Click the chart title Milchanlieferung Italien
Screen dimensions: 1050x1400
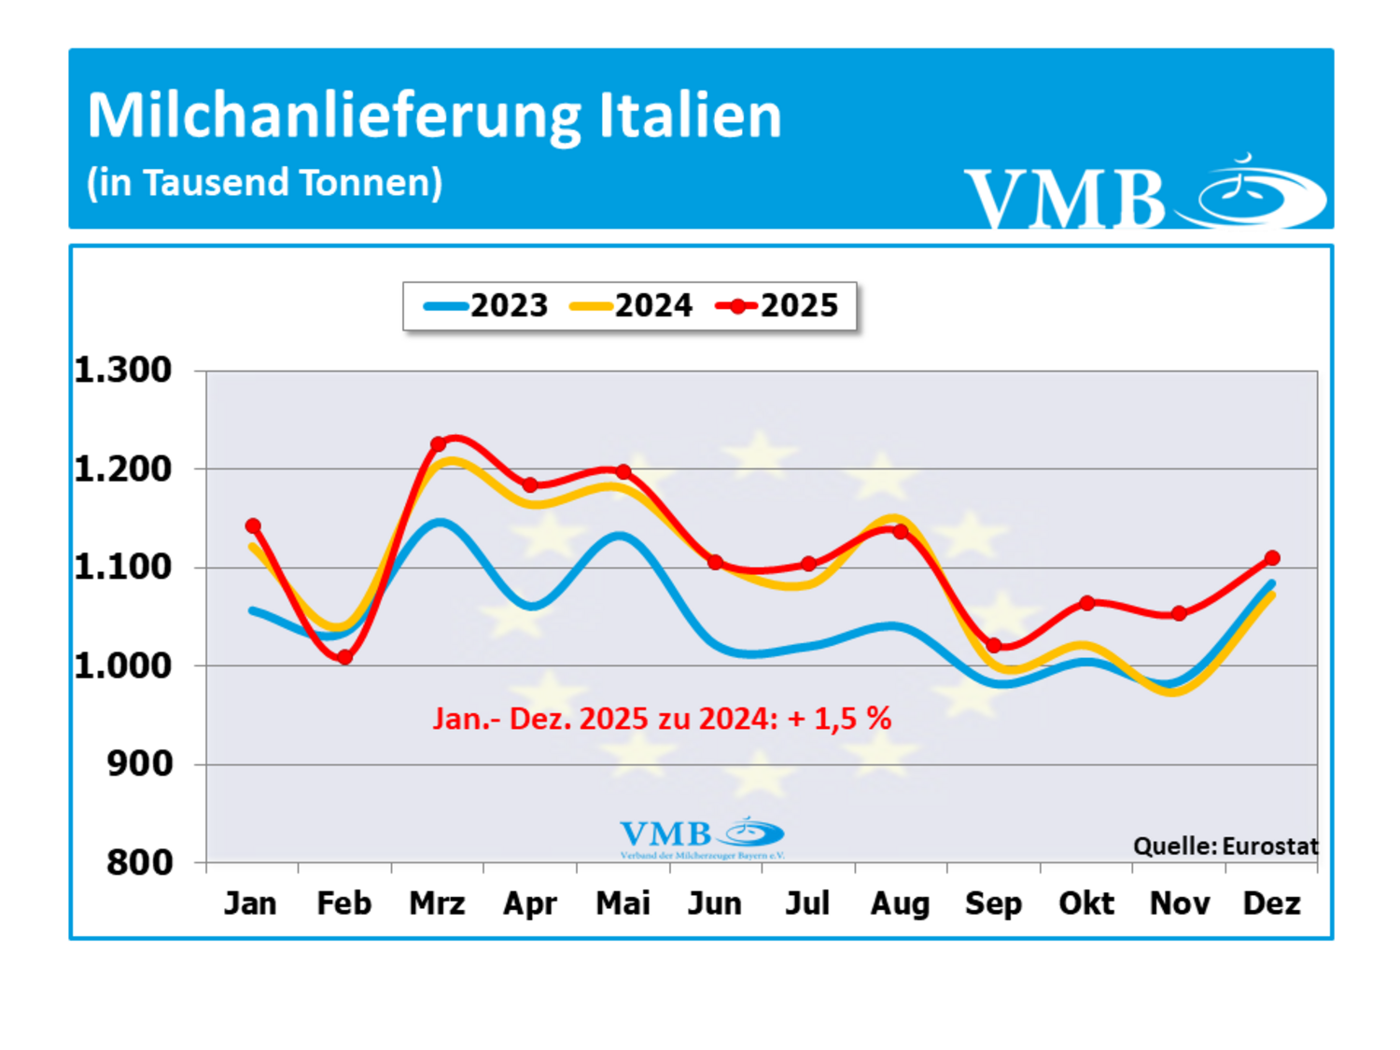tap(434, 117)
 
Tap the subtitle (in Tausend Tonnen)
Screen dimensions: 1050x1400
tap(264, 183)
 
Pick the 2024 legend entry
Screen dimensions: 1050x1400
tap(632, 306)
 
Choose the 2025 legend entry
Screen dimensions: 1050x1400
tap(777, 306)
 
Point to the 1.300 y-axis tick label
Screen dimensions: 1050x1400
tap(123, 371)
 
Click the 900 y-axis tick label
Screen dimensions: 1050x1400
tap(140, 764)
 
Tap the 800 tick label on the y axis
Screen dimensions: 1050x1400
tap(140, 862)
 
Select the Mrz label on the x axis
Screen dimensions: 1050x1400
tap(437, 903)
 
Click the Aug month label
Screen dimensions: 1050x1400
tap(900, 903)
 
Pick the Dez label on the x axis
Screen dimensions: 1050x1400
tap(1271, 903)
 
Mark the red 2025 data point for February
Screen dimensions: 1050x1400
tap(345, 657)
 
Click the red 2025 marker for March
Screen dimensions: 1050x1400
tap(438, 444)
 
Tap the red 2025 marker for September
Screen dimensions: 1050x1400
tap(994, 646)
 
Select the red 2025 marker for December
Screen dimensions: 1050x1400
tap(1272, 558)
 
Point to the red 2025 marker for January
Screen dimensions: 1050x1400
tap(253, 526)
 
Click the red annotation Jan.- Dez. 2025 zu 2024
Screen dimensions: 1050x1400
tap(662, 719)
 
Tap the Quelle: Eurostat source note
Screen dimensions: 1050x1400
tap(1225, 847)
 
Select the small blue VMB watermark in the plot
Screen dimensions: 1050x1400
tap(702, 836)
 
